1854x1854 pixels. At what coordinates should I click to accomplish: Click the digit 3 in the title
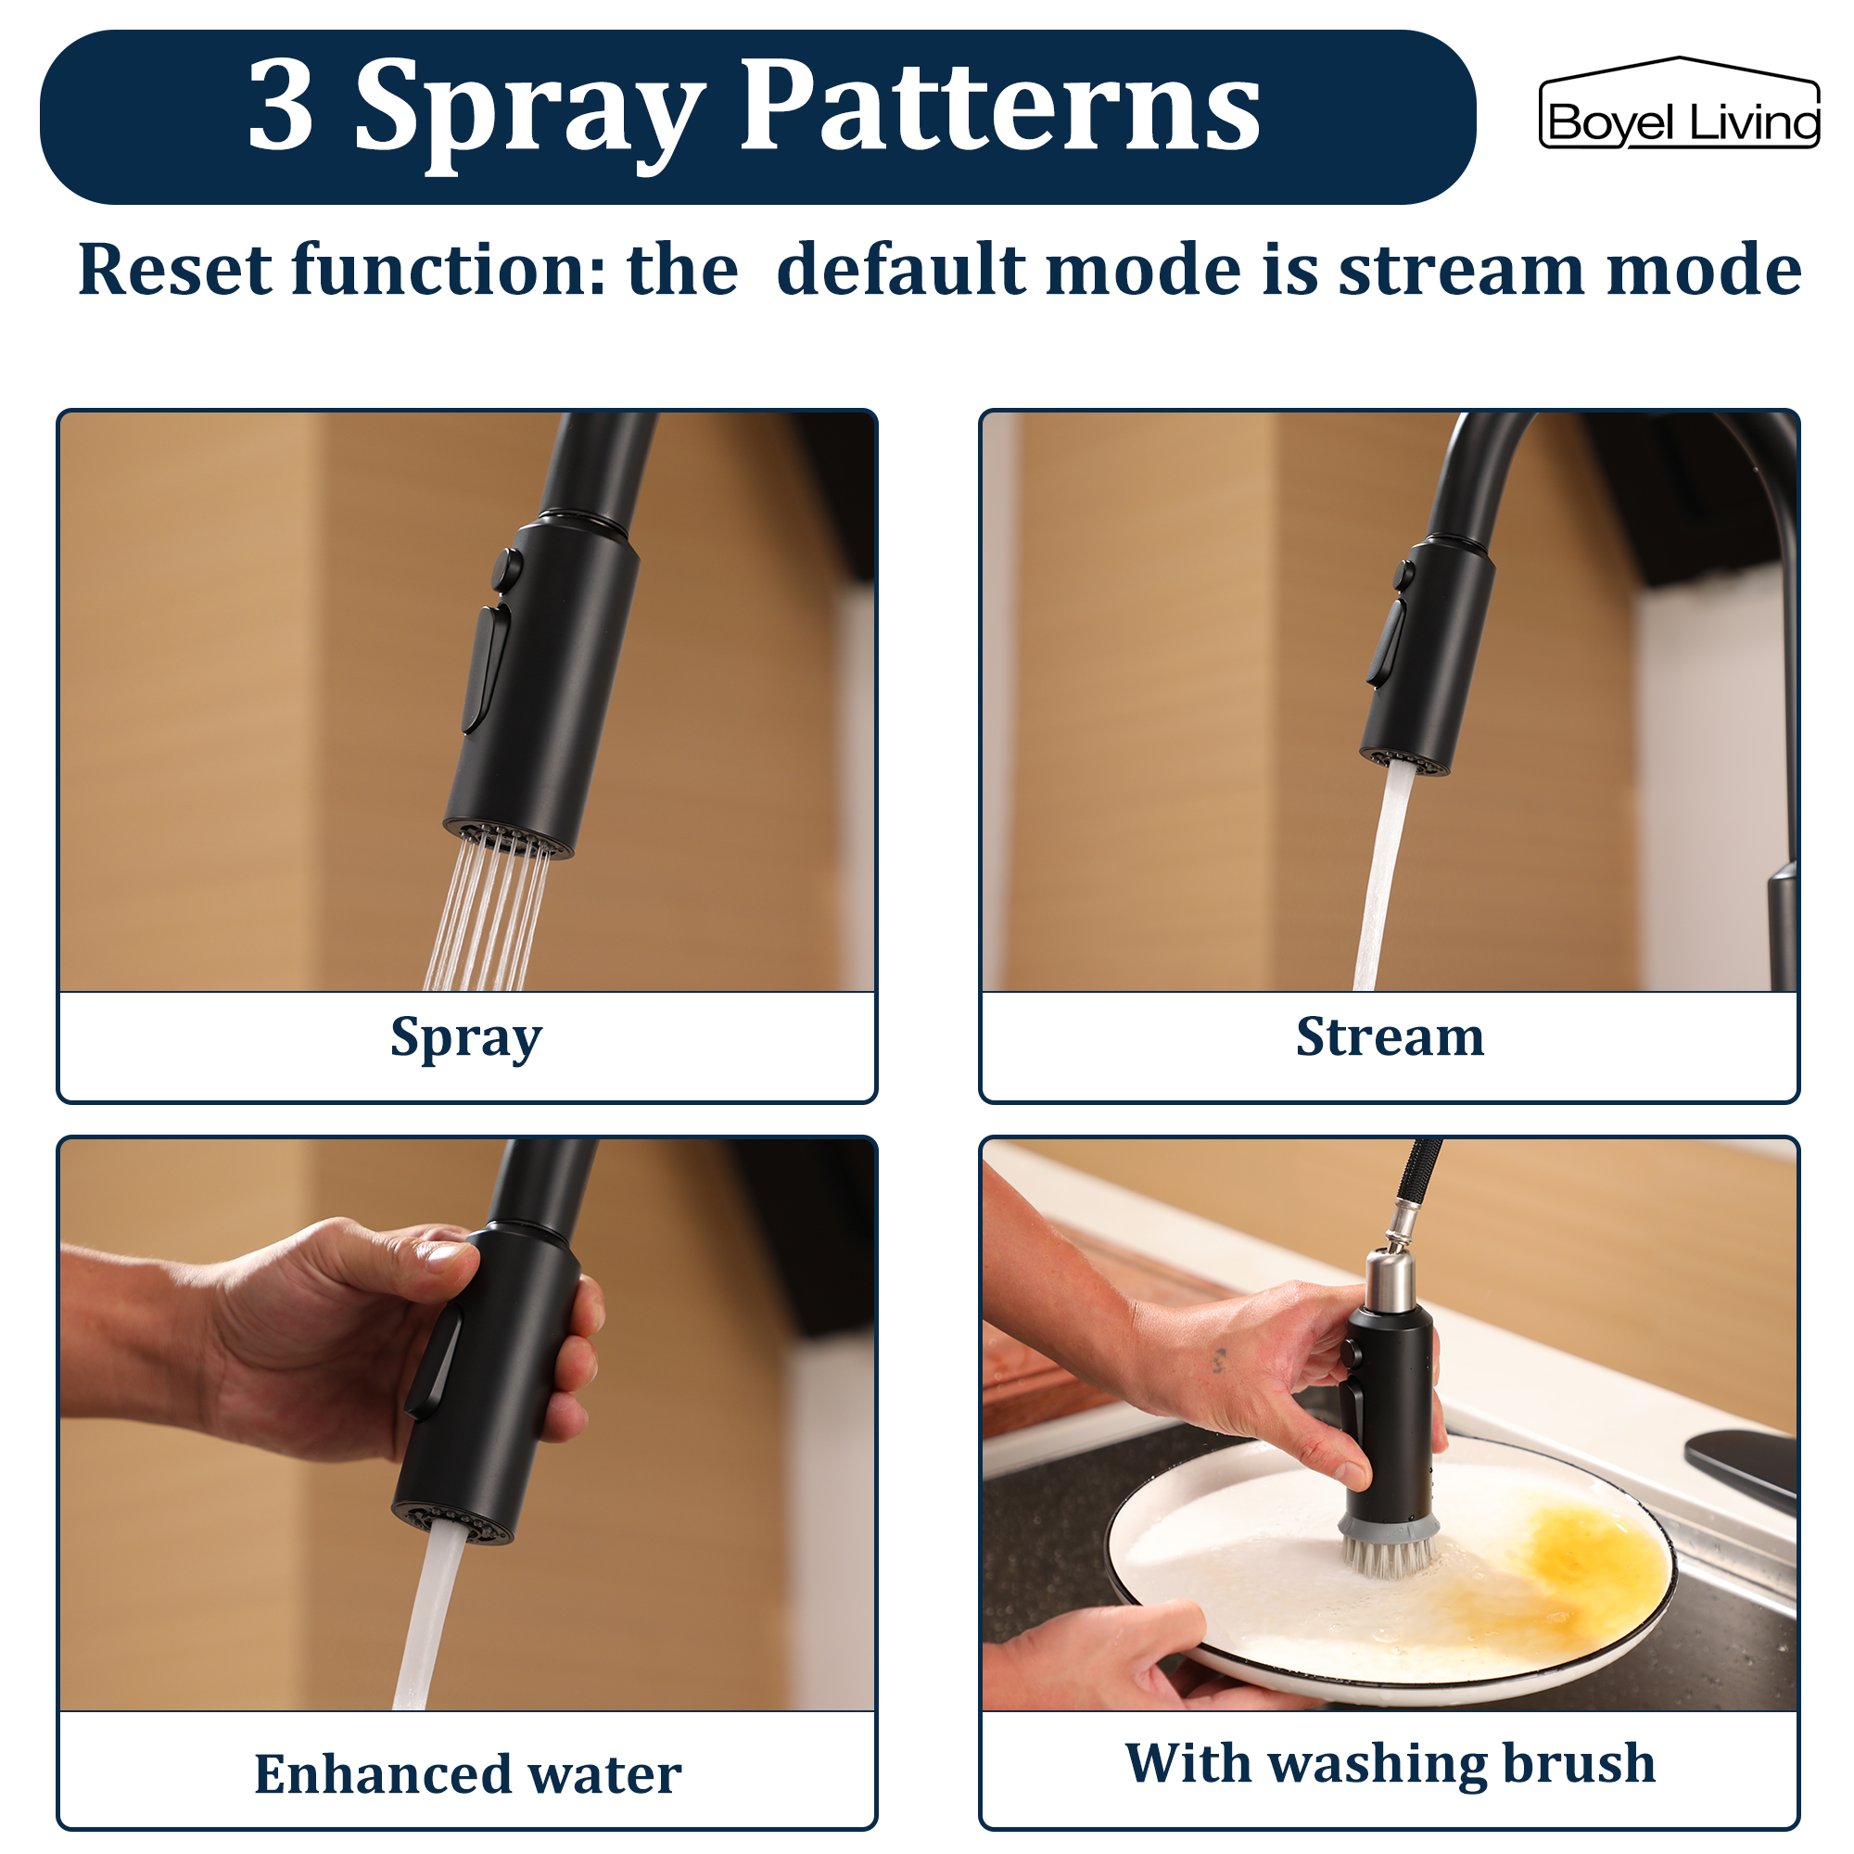pyautogui.click(x=281, y=106)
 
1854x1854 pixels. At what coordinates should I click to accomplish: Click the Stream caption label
pyautogui.click(x=1390, y=1036)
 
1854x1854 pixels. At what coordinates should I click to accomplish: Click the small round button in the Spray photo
pyautogui.click(x=507, y=569)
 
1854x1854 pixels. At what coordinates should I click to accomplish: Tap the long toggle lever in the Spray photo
pyautogui.click(x=486, y=667)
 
